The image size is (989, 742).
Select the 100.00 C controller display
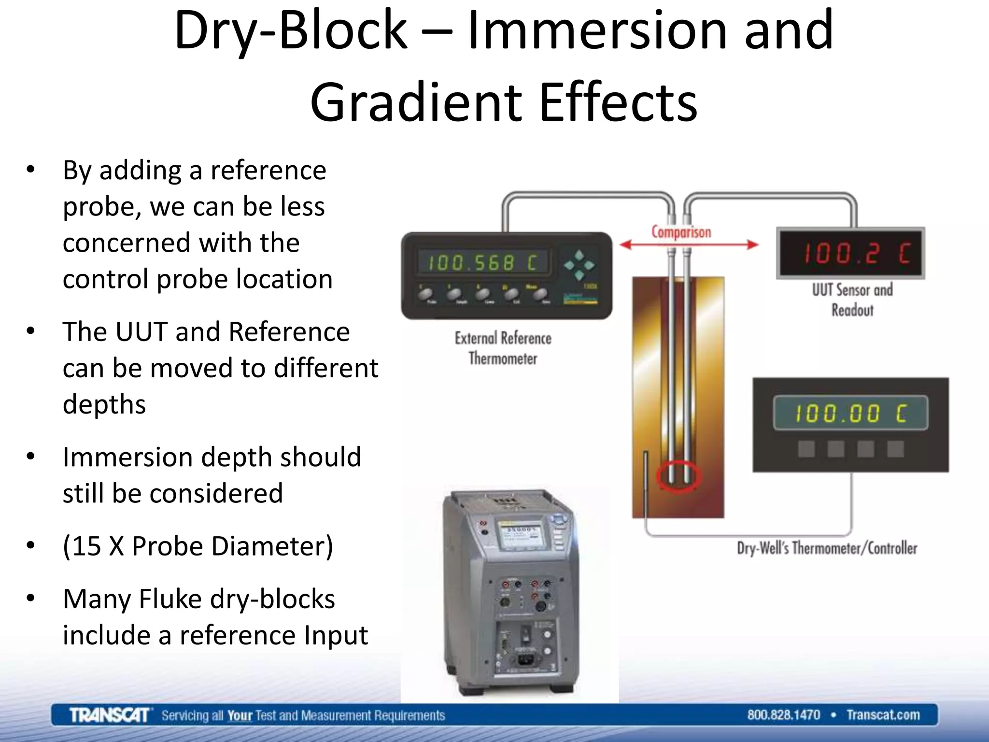pos(850,414)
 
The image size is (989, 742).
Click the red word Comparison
pos(681,232)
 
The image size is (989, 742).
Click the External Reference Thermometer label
pos(503,348)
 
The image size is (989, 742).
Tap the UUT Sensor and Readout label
pos(852,300)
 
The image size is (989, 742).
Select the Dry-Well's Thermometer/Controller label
pos(827,548)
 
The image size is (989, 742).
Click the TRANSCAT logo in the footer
pos(109,715)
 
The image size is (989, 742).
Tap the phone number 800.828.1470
pos(783,715)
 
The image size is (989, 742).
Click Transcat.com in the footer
pos(883,715)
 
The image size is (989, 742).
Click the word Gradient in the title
pos(415,102)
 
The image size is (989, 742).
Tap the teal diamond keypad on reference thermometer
pos(579,265)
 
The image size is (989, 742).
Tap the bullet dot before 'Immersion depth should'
pos(31,457)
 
